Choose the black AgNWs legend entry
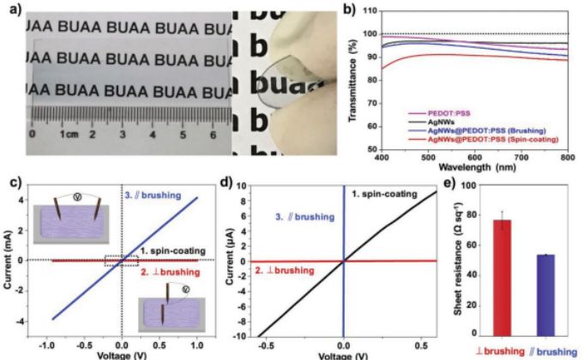pos(462,122)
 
